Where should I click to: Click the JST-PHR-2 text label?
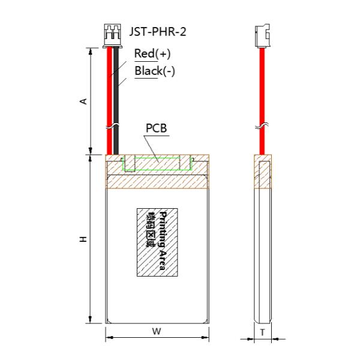pyautogui.click(x=158, y=31)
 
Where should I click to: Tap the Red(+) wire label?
pyautogui.click(x=152, y=54)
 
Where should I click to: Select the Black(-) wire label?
pyautogui.click(x=155, y=71)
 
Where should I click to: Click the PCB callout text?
pyautogui.click(x=156, y=129)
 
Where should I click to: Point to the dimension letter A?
pyautogui.click(x=84, y=101)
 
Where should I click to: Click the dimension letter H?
pyautogui.click(x=84, y=239)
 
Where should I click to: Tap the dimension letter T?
pyautogui.click(x=262, y=331)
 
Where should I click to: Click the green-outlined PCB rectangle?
pyautogui.click(x=157, y=163)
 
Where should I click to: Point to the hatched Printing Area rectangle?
pyautogui.click(x=157, y=242)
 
